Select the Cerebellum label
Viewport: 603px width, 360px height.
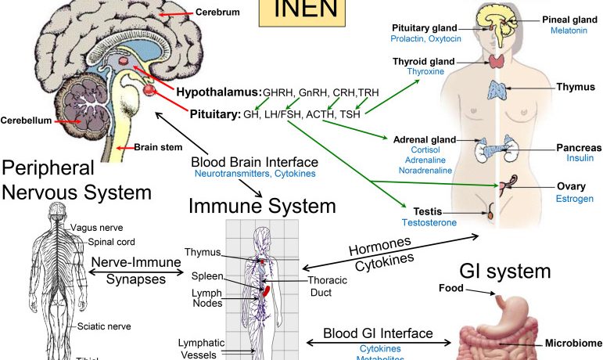point(25,121)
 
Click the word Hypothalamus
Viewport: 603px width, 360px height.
point(217,92)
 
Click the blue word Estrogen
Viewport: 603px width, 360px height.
point(575,199)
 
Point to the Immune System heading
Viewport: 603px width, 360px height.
point(262,207)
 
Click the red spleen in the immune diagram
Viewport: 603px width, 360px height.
point(266,291)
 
